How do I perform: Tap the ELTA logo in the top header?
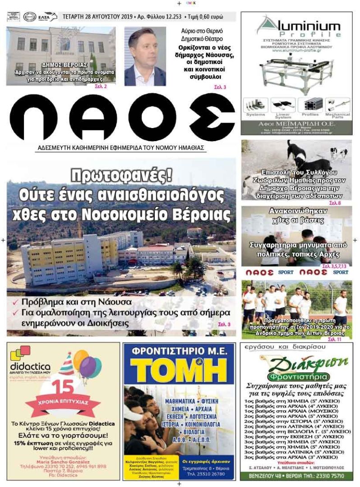(x=47, y=17)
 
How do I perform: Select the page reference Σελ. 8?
(x=335, y=203)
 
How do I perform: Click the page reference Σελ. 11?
(x=334, y=339)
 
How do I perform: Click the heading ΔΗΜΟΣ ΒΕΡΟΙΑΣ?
(x=64, y=64)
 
